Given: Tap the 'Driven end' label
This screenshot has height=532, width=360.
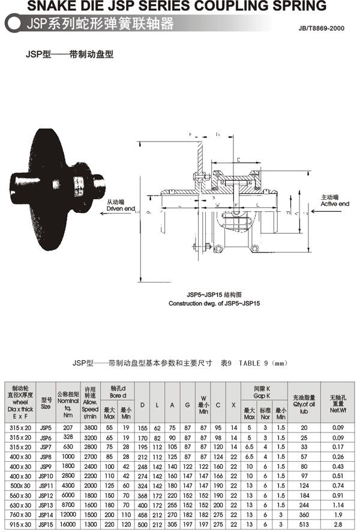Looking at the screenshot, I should pyautogui.click(x=121, y=208).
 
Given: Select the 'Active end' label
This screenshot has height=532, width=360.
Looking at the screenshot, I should pyautogui.click(x=335, y=204).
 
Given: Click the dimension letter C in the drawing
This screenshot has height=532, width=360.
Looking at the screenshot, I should pyautogui.click(x=238, y=160).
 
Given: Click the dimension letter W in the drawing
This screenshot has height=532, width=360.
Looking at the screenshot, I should pyautogui.click(x=217, y=205).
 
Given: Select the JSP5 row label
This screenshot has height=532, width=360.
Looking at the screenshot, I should pyautogui.click(x=46, y=428).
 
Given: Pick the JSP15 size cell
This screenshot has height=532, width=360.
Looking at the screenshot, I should pyautogui.click(x=46, y=525).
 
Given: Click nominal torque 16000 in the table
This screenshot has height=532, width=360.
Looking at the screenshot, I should pyautogui.click(x=68, y=525).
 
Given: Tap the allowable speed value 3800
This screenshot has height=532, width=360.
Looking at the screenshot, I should pyautogui.click(x=90, y=428).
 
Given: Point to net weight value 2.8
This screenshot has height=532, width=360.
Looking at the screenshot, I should pyautogui.click(x=338, y=525).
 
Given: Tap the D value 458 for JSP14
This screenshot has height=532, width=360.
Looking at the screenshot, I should pyautogui.click(x=143, y=515).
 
